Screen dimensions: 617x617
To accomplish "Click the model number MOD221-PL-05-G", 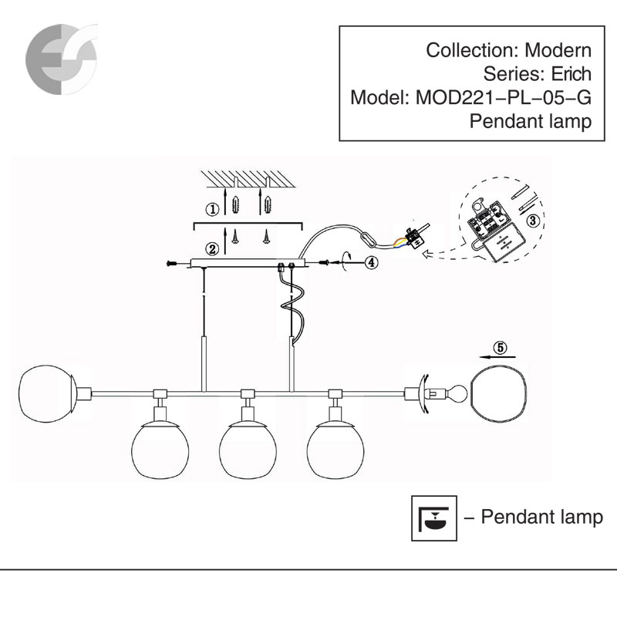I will pyautogui.click(x=504, y=98).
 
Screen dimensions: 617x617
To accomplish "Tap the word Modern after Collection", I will pyautogui.click(x=558, y=52).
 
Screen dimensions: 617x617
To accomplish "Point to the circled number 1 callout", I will pyautogui.click(x=211, y=208).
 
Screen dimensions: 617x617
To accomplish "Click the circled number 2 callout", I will pyautogui.click(x=211, y=248).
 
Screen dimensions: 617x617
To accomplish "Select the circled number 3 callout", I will pyautogui.click(x=531, y=218).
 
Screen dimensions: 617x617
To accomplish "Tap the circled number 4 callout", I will pyautogui.click(x=371, y=262).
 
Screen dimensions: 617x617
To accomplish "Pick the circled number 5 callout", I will pyautogui.click(x=501, y=348).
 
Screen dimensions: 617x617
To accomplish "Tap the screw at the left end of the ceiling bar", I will pyautogui.click(x=171, y=264).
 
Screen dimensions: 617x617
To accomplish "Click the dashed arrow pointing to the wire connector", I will pyautogui.click(x=440, y=249).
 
